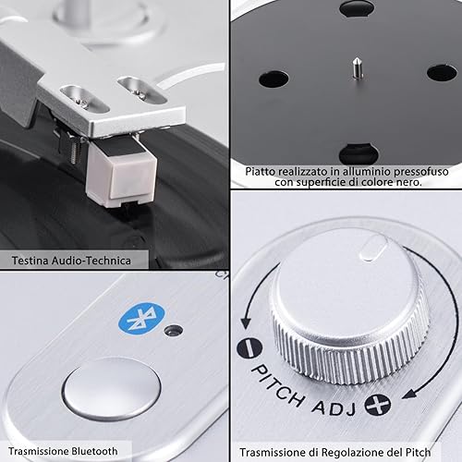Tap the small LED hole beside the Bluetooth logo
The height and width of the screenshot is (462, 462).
[174, 331]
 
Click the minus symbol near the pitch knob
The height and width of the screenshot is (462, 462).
[249, 348]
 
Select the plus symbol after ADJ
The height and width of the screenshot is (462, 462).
[378, 405]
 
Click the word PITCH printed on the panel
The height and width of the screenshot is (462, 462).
[278, 385]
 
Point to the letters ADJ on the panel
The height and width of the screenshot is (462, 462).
[334, 407]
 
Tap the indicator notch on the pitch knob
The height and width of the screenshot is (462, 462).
[374, 248]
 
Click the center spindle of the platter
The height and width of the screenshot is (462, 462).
[358, 67]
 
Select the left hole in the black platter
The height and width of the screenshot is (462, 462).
[274, 79]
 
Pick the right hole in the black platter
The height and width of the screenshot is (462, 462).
[442, 73]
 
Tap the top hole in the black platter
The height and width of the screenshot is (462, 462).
[358, 8]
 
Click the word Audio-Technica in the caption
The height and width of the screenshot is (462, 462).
[91, 261]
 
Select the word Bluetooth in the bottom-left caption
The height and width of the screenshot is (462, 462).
[94, 451]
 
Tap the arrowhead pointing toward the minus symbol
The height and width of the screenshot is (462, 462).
[246, 322]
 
